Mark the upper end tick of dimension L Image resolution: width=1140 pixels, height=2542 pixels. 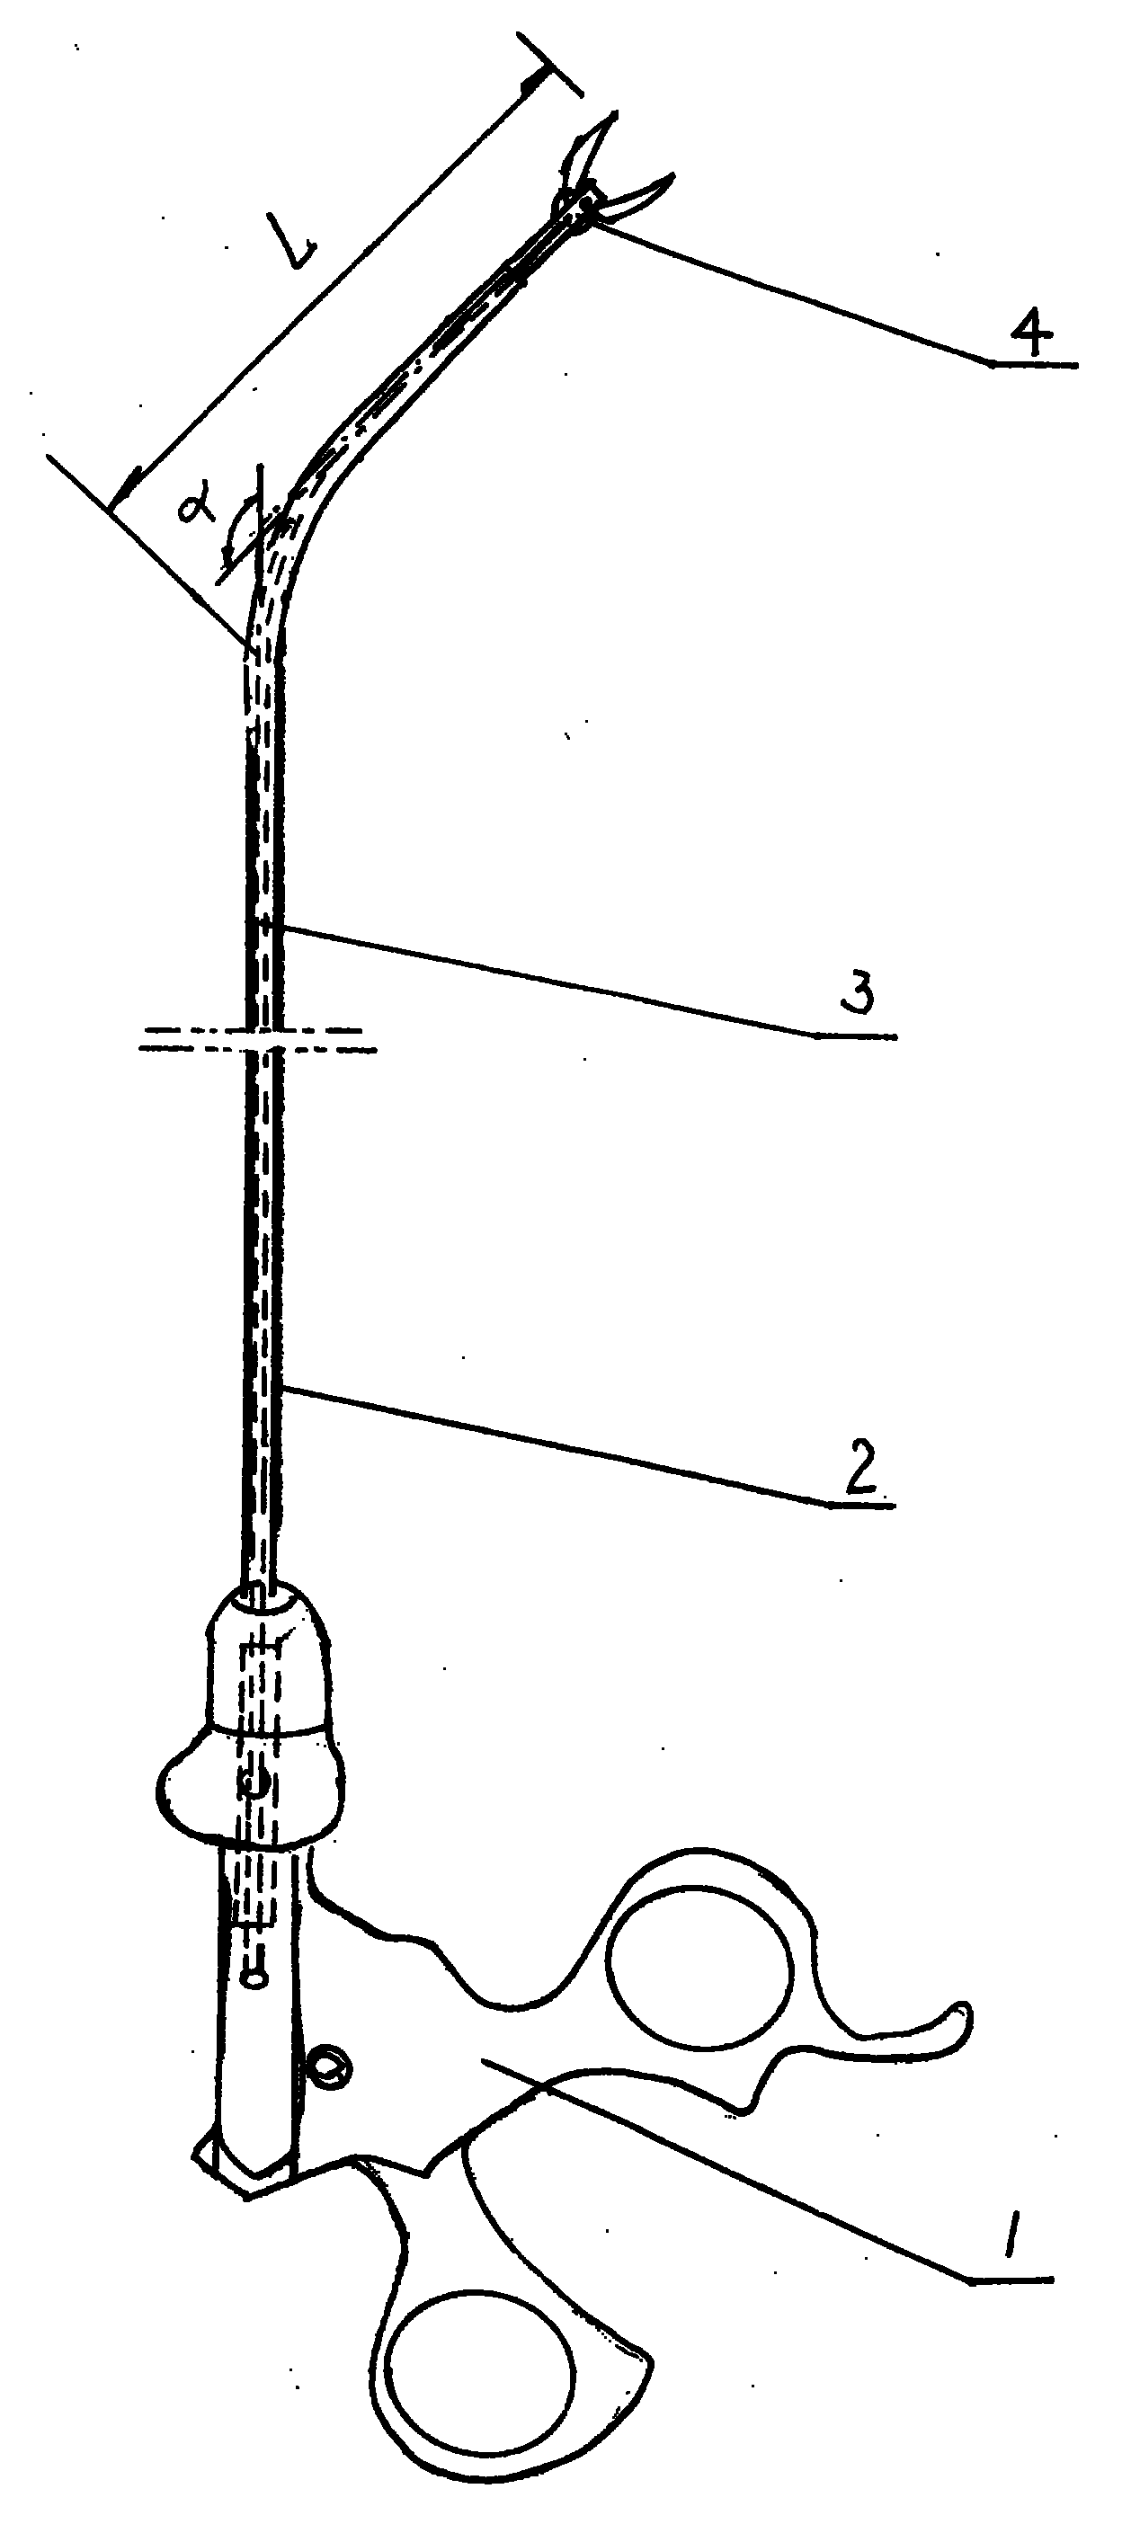[x=548, y=64]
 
